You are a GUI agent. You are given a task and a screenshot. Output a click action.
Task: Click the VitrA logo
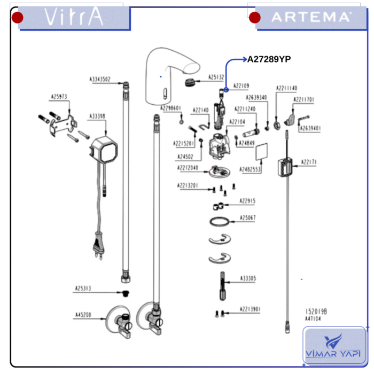pyautogui.click(x=74, y=17)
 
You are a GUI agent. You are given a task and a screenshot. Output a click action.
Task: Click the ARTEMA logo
pyautogui.click(x=311, y=17)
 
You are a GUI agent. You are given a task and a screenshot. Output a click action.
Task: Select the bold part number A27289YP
pyautogui.click(x=269, y=59)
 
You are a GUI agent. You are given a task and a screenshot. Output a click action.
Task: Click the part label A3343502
pyautogui.click(x=100, y=80)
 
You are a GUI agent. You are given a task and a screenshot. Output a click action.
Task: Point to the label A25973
pyautogui.click(x=59, y=97)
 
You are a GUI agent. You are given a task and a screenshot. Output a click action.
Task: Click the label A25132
pyautogui.click(x=216, y=77)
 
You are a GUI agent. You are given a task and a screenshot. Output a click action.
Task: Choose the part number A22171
pyautogui.click(x=309, y=162)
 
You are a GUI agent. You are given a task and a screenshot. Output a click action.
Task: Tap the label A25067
pyautogui.click(x=247, y=218)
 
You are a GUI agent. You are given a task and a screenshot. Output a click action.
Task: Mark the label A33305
pyautogui.click(x=248, y=278)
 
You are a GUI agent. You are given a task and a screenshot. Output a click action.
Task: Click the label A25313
pyautogui.click(x=82, y=289)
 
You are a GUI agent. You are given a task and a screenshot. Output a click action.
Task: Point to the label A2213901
pyautogui.click(x=250, y=309)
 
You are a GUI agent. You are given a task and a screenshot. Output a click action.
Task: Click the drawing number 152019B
pyautogui.click(x=316, y=311)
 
